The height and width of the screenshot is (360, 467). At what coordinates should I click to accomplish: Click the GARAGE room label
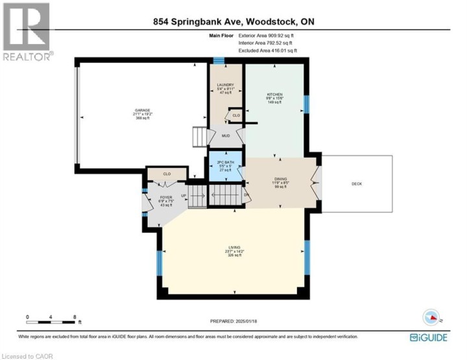[142, 110]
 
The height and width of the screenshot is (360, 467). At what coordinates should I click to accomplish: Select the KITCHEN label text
[274, 95]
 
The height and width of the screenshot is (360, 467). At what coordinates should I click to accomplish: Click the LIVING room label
[234, 248]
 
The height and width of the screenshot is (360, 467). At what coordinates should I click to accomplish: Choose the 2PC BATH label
[224, 162]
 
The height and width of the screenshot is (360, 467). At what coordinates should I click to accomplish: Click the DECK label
[357, 184]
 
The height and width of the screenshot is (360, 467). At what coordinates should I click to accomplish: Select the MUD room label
[225, 136]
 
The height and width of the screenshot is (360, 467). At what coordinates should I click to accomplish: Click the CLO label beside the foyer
[167, 174]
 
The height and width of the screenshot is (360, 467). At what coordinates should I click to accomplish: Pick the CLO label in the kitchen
[236, 115]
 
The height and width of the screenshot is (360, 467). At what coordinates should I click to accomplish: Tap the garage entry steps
[199, 138]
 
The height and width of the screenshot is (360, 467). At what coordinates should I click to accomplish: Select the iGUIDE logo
[429, 337]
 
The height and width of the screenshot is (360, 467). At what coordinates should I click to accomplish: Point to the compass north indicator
[431, 317]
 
